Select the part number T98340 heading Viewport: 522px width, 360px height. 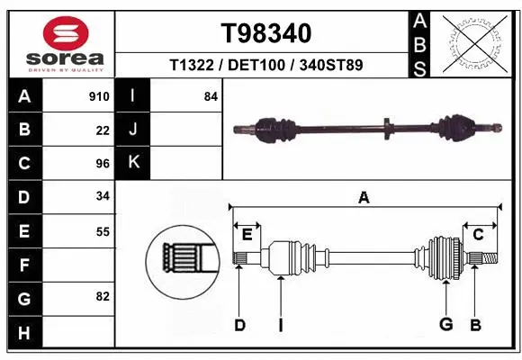click(265, 33)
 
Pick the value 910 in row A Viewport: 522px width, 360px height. click(99, 96)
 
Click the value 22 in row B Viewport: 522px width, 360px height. click(103, 130)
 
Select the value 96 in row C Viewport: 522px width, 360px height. click(103, 164)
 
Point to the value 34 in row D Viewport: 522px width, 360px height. click(103, 197)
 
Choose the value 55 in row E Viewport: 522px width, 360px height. click(103, 231)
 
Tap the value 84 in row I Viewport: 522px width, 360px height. click(211, 96)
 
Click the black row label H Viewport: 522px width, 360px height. click(24, 332)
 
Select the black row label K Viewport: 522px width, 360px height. click(133, 163)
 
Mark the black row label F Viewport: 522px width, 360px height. click(24, 265)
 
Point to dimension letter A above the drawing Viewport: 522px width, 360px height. click(364, 198)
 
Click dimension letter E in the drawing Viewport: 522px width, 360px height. click(247, 235)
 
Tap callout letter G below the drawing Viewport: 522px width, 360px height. click(445, 324)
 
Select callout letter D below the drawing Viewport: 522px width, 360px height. click(239, 325)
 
